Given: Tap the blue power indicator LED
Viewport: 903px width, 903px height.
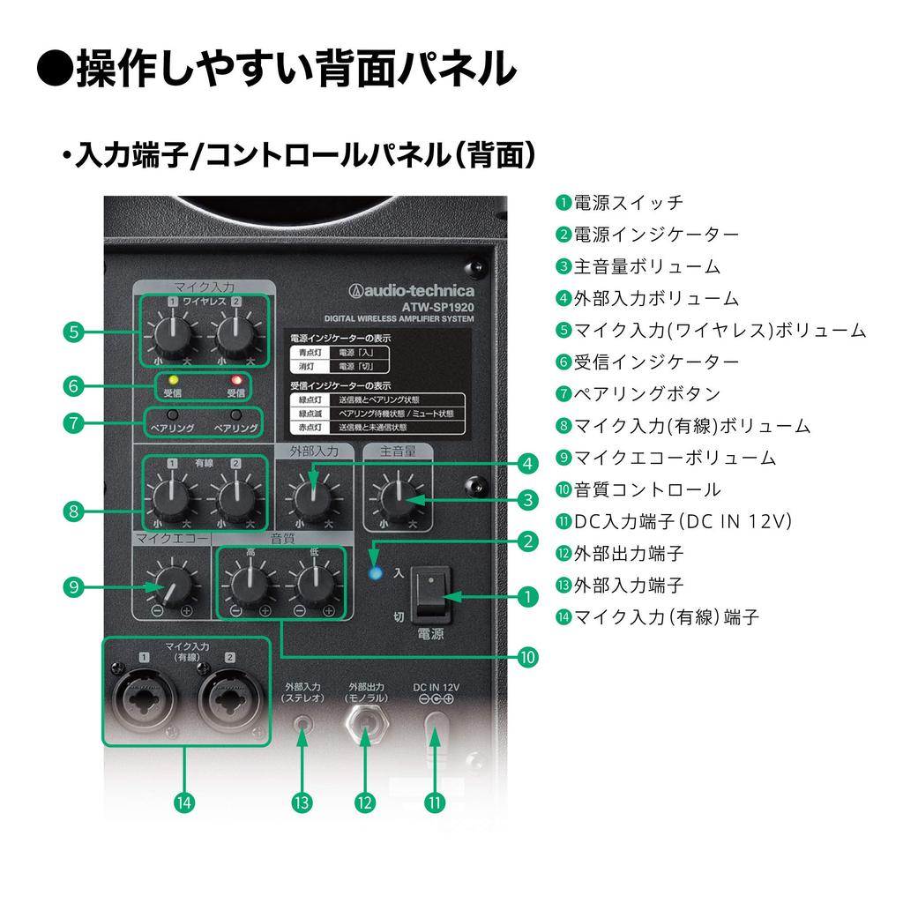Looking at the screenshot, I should point(377,573).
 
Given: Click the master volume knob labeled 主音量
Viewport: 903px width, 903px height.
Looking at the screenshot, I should point(399,499).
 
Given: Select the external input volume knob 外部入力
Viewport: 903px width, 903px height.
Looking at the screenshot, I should point(310,499).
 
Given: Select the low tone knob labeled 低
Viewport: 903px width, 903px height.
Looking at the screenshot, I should point(314,583).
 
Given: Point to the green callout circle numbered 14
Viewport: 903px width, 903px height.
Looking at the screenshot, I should point(183,802).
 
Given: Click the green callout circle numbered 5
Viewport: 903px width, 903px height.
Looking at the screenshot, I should point(74,332).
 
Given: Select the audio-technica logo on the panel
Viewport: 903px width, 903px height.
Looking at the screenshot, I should point(411,291).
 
